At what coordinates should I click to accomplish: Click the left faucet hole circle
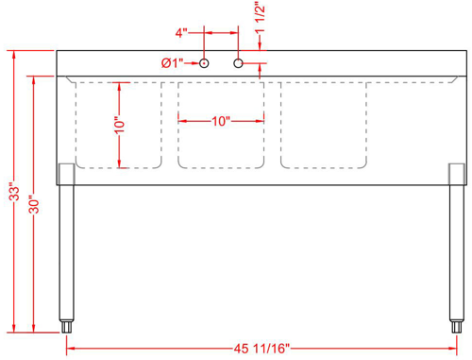(203, 63)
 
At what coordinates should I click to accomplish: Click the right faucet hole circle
(238, 63)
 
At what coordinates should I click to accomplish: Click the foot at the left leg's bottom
(68, 326)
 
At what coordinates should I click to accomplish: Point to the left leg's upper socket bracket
(67, 174)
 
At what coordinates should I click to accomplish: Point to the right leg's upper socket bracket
(456, 174)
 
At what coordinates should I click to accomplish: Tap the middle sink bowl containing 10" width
(220, 142)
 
